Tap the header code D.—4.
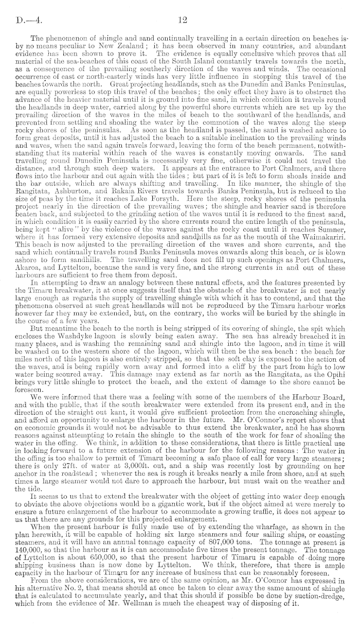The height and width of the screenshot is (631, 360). [x=24, y=20]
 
